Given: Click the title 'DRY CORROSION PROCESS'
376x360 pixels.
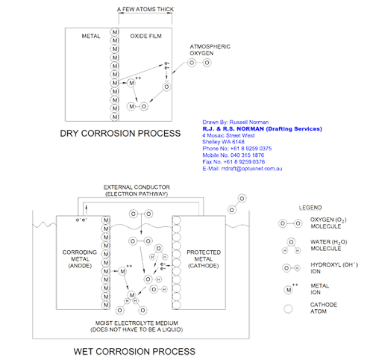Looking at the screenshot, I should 120,134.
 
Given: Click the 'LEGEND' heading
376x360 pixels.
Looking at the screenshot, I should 309,206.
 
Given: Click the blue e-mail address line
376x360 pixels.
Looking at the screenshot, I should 242,169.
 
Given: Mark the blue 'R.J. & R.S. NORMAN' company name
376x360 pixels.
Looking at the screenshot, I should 261,129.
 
